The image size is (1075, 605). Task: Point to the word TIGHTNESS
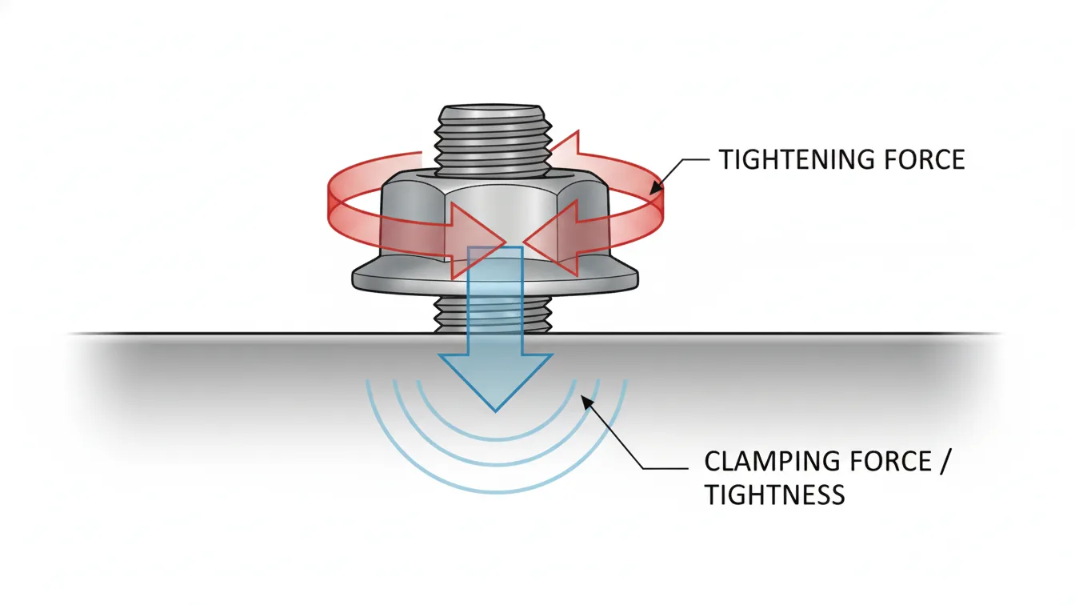tap(774, 495)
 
